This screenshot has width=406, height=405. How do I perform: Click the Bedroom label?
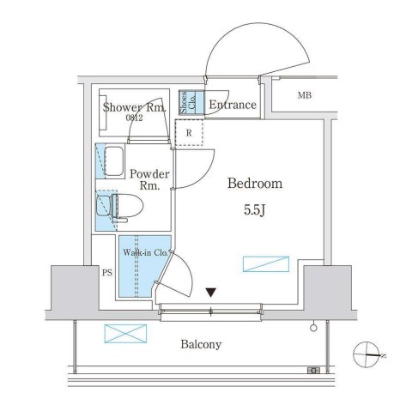[255, 184]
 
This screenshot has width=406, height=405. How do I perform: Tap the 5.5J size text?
[255, 209]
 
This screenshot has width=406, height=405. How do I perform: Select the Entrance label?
[232, 106]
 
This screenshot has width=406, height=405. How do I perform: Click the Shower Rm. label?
[135, 107]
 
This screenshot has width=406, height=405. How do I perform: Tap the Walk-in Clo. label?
[147, 254]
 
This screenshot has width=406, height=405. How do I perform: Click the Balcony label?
[201, 345]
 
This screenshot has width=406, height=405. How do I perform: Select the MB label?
[305, 94]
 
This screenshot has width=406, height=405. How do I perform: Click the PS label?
[107, 274]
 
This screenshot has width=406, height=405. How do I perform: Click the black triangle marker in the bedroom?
[210, 293]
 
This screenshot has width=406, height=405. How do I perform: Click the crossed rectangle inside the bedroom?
[265, 263]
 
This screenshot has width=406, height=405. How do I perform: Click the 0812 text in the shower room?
[133, 118]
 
